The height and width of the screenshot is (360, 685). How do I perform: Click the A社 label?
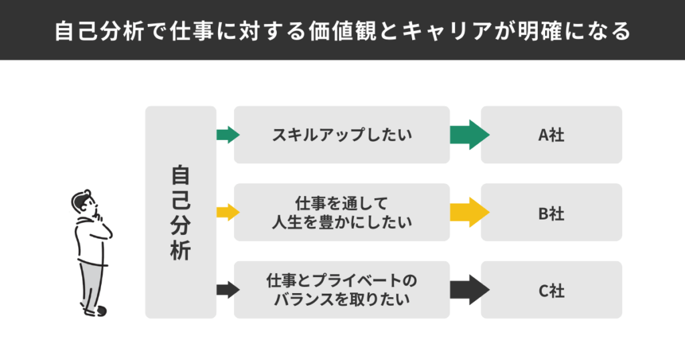551,135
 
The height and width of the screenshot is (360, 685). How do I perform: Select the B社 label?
551,213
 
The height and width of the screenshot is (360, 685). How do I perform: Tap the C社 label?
551,290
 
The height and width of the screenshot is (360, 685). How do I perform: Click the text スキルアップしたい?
341,135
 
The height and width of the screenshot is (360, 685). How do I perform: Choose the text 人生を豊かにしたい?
341,221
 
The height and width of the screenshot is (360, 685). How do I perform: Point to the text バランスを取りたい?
341,299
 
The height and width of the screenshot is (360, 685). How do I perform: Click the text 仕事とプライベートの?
341,280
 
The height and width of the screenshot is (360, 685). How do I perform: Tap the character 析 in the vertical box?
180,250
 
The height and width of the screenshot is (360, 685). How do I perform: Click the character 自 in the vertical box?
180,175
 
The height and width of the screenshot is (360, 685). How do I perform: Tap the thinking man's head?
83,201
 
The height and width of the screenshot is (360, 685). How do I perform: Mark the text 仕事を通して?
341,203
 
